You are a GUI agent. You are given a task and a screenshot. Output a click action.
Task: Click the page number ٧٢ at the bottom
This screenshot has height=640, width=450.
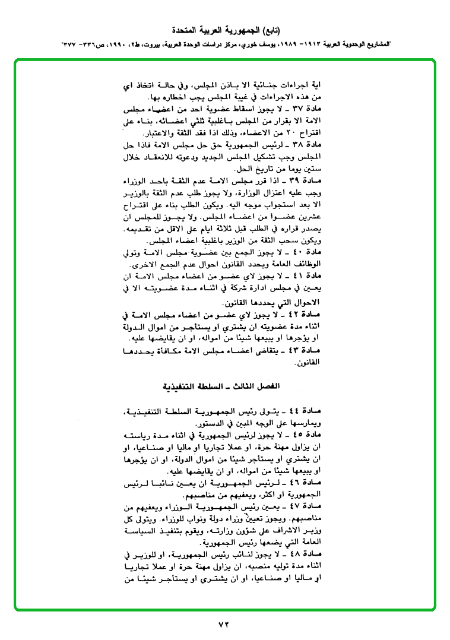click(x=224, y=623)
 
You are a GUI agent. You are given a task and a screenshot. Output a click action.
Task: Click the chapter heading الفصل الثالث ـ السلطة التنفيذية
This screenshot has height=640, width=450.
click(x=224, y=386)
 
